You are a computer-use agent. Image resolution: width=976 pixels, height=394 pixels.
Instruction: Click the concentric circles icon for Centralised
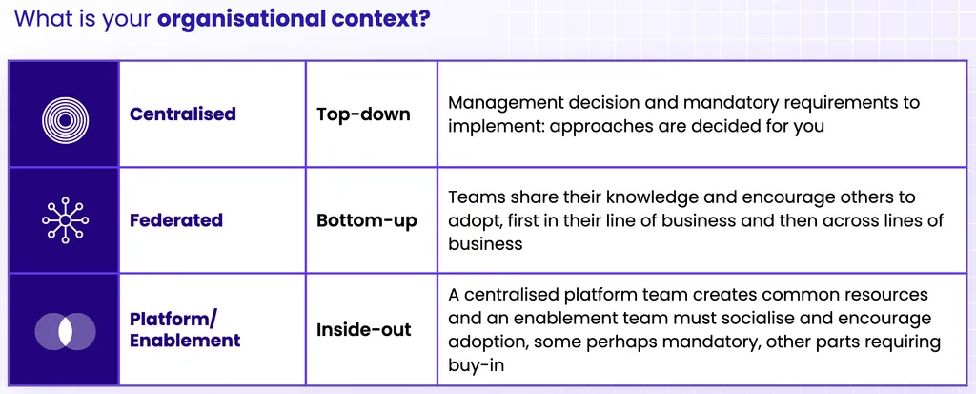pyautogui.click(x=65, y=114)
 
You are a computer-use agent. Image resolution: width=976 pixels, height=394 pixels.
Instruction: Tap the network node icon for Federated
pyautogui.click(x=65, y=220)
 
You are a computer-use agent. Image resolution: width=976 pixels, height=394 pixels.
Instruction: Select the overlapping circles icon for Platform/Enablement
pyautogui.click(x=65, y=330)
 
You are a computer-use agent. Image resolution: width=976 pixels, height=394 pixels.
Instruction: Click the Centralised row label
pyautogui.click(x=182, y=114)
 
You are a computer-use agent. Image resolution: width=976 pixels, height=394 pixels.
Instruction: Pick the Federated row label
pyautogui.click(x=175, y=220)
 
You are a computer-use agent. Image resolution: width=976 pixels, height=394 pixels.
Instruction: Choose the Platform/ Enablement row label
pyautogui.click(x=184, y=330)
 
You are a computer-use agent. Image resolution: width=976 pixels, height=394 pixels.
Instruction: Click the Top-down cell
pyautogui.click(x=363, y=114)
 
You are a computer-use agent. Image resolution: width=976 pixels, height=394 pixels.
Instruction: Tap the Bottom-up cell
pyautogui.click(x=367, y=220)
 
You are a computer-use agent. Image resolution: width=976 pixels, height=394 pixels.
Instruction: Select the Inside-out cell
pyautogui.click(x=364, y=330)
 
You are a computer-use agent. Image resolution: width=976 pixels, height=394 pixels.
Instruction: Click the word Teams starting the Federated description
pyautogui.click(x=474, y=197)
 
